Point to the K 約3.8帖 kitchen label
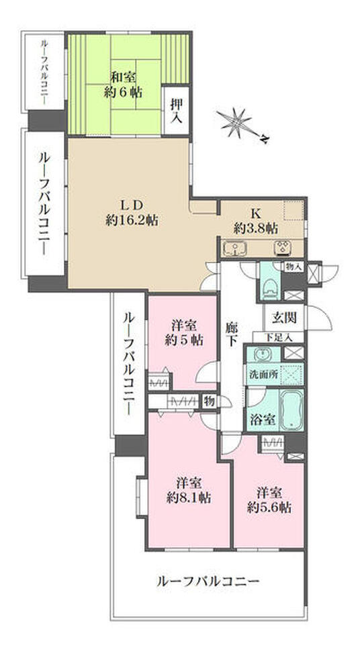(256, 222)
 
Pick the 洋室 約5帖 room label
(183, 332)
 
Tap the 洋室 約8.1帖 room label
(189, 490)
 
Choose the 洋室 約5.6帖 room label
(269, 498)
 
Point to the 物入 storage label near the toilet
(294, 267)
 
